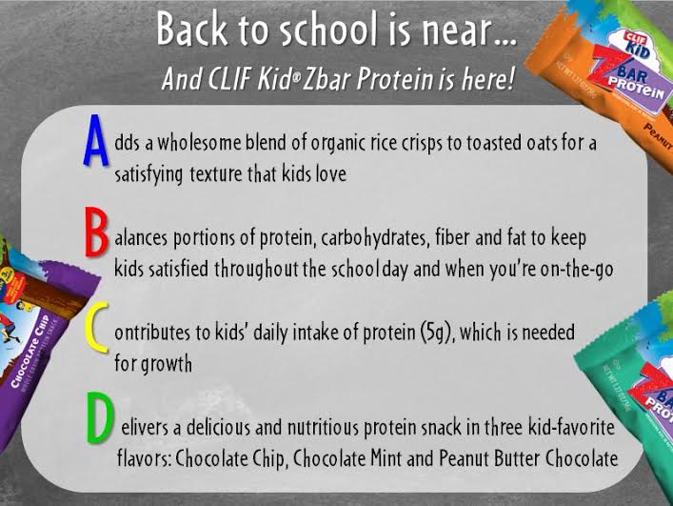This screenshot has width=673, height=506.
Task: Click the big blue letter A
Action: coord(96,140)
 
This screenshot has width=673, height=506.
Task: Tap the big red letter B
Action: coord(96,232)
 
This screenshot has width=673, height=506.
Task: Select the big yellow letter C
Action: coord(97,327)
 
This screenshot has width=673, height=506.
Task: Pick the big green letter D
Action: coord(101,417)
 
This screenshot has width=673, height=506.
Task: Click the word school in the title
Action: coord(327,30)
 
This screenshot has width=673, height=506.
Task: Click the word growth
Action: coord(166,364)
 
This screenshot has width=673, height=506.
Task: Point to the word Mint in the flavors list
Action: coord(386,458)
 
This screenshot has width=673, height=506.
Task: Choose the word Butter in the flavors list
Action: coord(516,458)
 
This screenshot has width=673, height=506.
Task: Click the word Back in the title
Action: coord(192,30)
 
